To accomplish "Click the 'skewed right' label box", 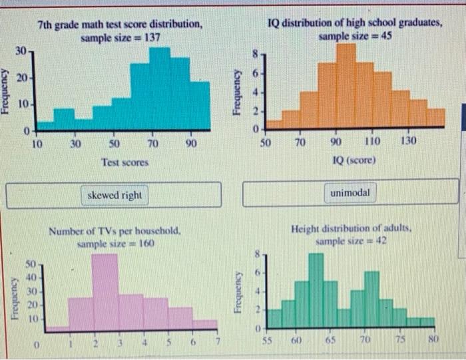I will point(115,176).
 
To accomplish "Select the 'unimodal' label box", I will point(351,175).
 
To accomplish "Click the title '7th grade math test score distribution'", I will point(120,25).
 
